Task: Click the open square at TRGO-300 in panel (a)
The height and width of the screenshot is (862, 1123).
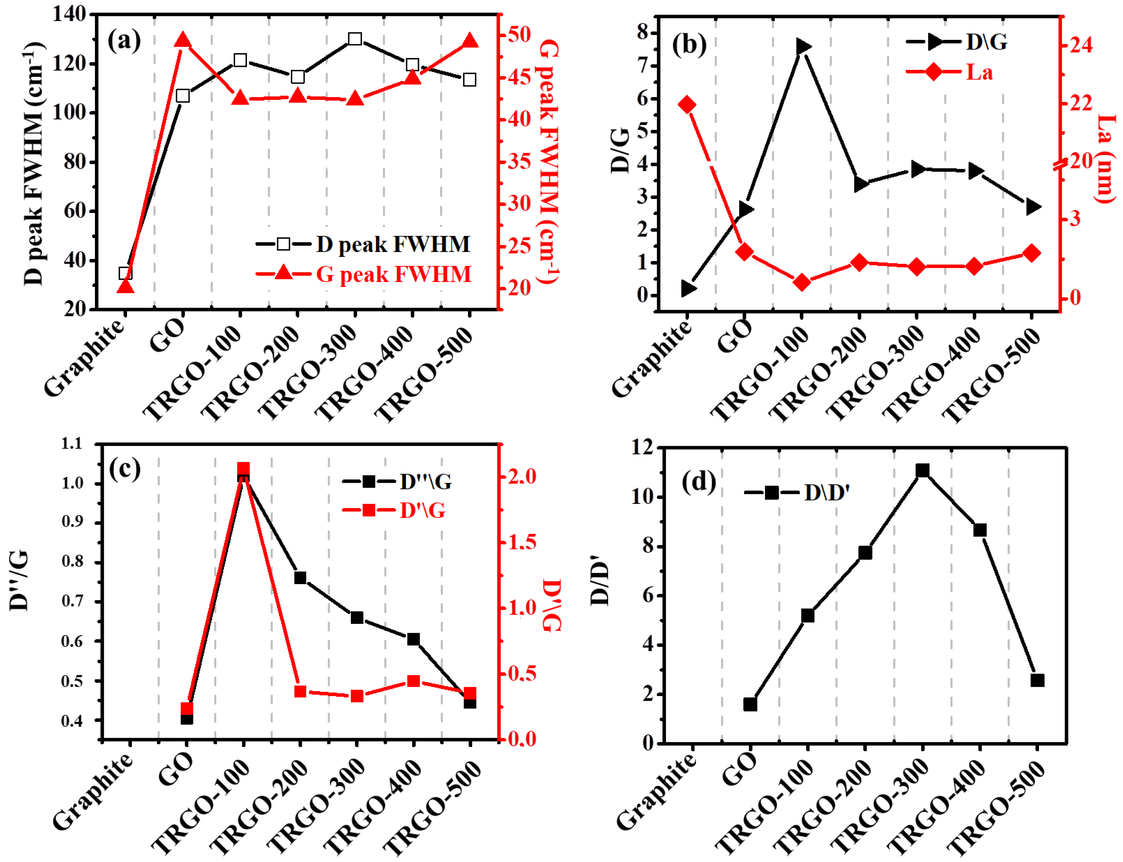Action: [355, 39]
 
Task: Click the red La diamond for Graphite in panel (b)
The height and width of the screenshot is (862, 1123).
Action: [687, 105]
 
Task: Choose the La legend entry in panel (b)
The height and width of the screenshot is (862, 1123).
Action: [978, 72]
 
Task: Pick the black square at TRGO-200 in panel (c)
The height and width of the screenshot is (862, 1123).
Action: [300, 578]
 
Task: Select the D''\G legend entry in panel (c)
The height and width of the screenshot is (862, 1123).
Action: [425, 481]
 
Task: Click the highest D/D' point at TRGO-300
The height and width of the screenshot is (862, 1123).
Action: [922, 470]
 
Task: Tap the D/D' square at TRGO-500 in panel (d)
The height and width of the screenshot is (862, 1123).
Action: [1037, 680]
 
